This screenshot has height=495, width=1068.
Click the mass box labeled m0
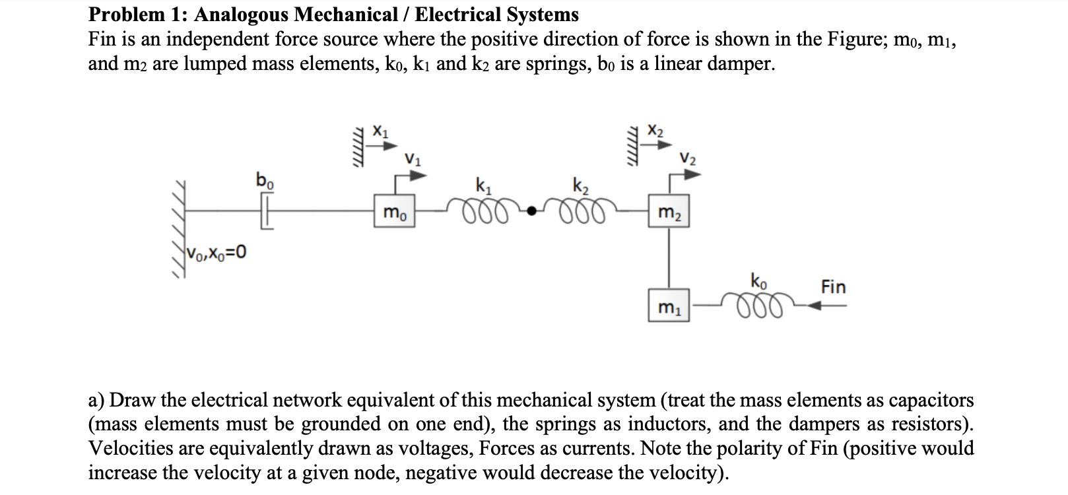(395, 212)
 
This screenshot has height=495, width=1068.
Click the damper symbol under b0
(265, 211)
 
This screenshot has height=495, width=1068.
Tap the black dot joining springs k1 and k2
(529, 211)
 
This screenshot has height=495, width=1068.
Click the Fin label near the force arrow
(833, 287)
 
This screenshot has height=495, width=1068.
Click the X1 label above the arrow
(381, 131)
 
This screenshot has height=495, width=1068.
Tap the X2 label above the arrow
(655, 131)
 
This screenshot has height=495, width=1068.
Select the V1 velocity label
(413, 158)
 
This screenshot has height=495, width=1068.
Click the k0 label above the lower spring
(758, 280)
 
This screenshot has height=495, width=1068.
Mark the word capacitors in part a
(931, 400)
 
